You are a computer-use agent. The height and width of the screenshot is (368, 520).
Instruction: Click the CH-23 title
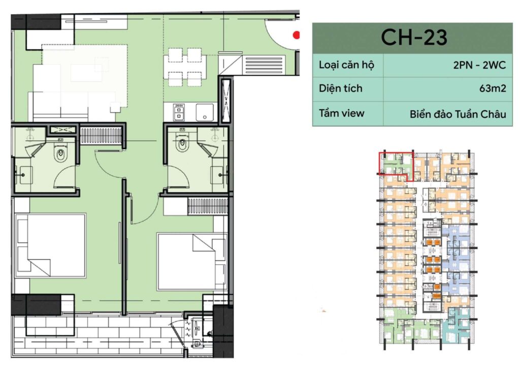coord(414,37)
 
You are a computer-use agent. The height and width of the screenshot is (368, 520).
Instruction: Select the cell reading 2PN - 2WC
coord(479,65)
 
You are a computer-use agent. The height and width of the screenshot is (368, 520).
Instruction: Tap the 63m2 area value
coord(493,88)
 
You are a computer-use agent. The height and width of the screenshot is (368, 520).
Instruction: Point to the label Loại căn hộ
coord(346,65)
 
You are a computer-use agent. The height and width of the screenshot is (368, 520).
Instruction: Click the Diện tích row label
coord(341,88)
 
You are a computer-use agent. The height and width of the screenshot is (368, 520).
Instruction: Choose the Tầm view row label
coord(342,113)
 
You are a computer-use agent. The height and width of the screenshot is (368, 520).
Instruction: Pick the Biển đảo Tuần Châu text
coord(458,114)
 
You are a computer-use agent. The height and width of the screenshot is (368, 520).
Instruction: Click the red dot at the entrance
coord(296,35)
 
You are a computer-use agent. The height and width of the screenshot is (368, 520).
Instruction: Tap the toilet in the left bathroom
coord(60,154)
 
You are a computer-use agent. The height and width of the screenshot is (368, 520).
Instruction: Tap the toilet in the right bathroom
coord(182,143)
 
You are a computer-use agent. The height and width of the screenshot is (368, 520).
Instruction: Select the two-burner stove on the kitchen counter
coord(179,112)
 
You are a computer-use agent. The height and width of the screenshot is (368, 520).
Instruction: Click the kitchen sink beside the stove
coord(205,112)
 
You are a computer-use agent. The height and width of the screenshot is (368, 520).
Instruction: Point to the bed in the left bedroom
coord(50,245)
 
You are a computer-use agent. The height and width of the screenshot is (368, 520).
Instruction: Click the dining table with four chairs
coord(185,68)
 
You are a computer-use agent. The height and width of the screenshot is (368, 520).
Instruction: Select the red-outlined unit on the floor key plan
coord(397,166)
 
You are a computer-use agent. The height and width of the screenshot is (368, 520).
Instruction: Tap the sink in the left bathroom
coord(23,174)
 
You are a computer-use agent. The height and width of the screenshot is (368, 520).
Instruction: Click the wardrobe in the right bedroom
coord(208,206)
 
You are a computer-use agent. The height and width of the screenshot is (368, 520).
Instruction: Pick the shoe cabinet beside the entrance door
coord(264,65)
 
